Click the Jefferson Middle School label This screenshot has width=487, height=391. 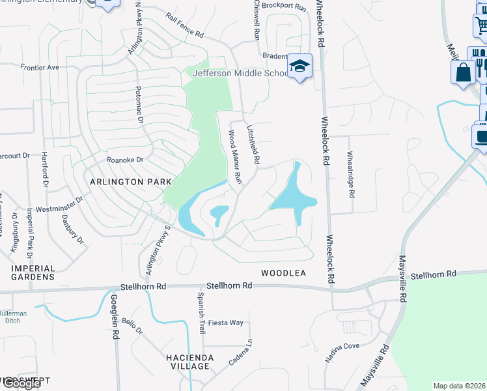click(240, 73)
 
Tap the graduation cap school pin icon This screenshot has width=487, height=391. click(300, 66)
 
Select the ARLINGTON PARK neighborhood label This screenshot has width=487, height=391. click(131, 182)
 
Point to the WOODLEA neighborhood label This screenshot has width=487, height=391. click(283, 273)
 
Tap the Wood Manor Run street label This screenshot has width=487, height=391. click(234, 155)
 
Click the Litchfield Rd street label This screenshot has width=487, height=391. click(253, 145)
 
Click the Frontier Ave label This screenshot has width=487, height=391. click(40, 67)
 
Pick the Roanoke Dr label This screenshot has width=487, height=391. click(124, 159)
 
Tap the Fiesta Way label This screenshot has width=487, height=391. click(225, 323)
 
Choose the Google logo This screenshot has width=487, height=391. click(21, 383)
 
